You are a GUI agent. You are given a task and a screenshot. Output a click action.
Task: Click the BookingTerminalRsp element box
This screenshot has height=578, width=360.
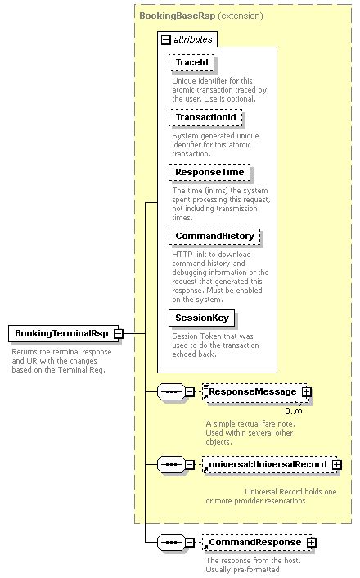(60, 334)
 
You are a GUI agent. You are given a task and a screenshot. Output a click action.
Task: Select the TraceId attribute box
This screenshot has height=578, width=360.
(186, 62)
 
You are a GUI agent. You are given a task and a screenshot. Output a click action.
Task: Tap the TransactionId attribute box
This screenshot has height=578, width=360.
(205, 118)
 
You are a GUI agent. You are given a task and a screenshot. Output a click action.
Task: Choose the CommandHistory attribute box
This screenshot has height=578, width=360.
(214, 237)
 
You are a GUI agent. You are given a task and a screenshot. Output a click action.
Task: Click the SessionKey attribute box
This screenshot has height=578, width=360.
(200, 318)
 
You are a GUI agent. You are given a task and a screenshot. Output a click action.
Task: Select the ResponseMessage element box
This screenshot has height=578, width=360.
(252, 392)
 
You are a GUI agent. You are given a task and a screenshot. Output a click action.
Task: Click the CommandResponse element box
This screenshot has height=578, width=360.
(254, 543)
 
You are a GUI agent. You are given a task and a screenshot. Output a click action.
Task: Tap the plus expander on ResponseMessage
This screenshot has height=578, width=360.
(307, 392)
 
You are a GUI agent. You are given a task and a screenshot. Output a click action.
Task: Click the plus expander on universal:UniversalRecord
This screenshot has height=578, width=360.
(335, 464)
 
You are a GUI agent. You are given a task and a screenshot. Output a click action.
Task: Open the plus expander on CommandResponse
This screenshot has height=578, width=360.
(311, 543)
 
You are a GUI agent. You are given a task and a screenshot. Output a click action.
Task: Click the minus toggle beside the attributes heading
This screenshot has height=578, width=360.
(166, 39)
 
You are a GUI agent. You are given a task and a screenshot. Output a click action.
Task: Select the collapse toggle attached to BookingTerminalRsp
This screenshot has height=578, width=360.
(119, 334)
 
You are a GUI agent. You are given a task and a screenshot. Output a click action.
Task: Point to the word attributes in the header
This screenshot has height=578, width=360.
(193, 39)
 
